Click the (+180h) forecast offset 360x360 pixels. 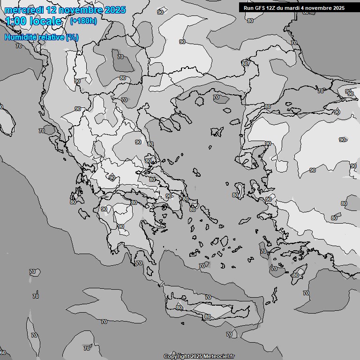tap(83, 21)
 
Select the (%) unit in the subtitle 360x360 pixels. tap(72, 37)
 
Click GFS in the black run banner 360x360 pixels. tap(261, 8)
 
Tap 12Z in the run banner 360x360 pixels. tap(273, 8)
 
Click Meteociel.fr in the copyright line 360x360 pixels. tap(219, 356)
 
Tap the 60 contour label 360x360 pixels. tap(3, 352)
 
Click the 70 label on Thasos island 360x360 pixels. tap(216, 97)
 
